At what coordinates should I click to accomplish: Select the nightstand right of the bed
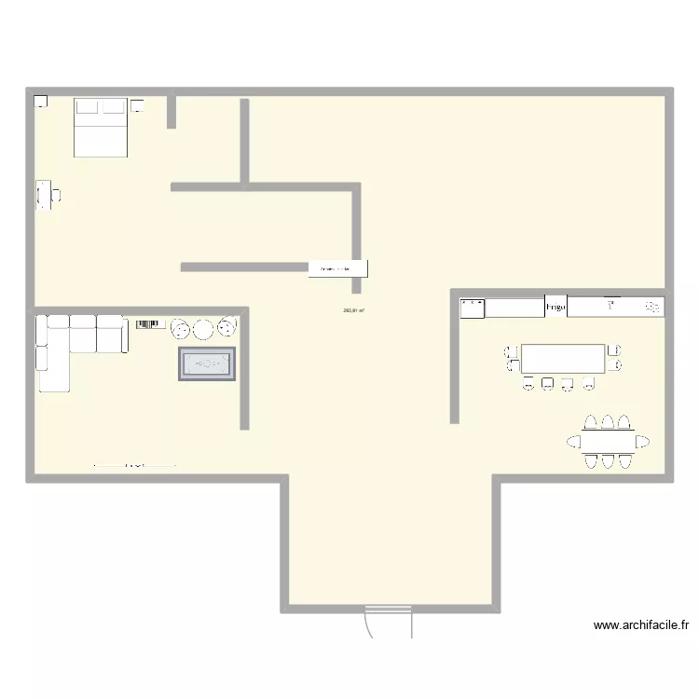click(x=137, y=105)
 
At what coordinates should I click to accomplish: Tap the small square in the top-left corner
click(x=40, y=102)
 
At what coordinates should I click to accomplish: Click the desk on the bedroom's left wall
click(x=43, y=195)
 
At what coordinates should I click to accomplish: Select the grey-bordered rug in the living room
click(x=207, y=363)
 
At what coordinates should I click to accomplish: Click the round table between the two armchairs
click(x=203, y=328)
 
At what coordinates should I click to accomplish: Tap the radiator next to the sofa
click(x=150, y=324)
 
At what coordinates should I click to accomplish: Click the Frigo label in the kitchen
click(x=555, y=307)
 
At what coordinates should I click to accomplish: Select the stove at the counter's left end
click(x=473, y=308)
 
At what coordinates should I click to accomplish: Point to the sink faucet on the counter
click(x=611, y=304)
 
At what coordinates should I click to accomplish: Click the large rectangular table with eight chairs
click(x=563, y=358)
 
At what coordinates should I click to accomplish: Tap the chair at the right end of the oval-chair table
click(x=642, y=440)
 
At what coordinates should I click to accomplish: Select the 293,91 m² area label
click(x=353, y=311)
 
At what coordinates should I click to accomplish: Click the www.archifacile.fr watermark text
click(x=640, y=625)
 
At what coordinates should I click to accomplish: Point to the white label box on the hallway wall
click(x=337, y=268)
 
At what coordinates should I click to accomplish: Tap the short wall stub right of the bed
click(x=171, y=111)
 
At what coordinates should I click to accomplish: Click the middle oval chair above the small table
click(x=608, y=421)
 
